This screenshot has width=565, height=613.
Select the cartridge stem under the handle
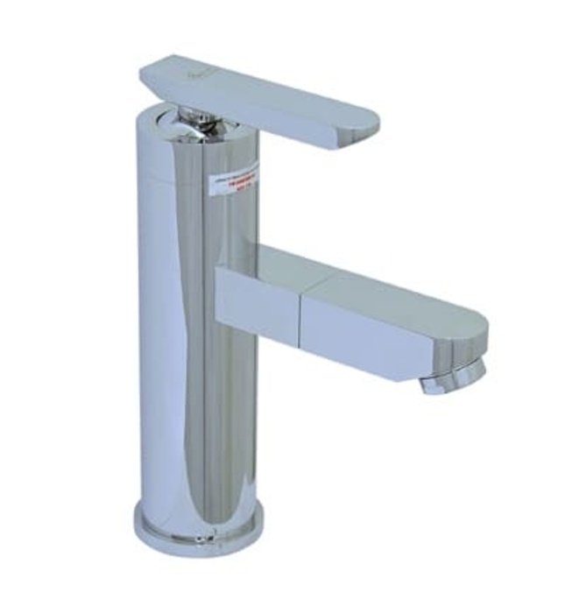[196, 122]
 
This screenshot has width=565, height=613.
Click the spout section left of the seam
[258, 302]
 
